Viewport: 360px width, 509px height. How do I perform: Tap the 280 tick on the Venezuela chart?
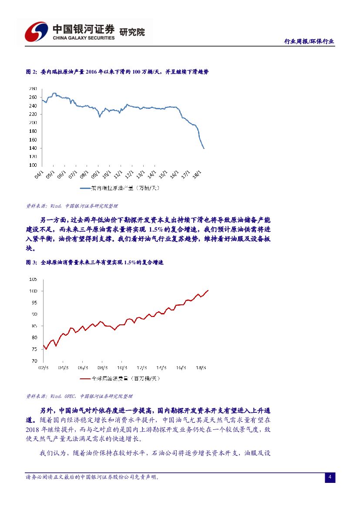click(33, 88)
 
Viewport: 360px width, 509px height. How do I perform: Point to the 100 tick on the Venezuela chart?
click(33, 165)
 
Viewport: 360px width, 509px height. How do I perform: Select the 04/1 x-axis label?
click(38, 174)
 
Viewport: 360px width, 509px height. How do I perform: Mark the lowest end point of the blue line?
click(204, 148)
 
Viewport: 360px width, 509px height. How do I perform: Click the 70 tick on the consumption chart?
click(34, 361)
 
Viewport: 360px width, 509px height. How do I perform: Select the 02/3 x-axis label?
click(43, 367)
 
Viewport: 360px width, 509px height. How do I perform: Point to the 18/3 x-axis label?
click(201, 367)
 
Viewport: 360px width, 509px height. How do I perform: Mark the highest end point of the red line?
click(208, 290)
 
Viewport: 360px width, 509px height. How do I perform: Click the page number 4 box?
click(330, 478)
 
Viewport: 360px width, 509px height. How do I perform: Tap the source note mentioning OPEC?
click(79, 396)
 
